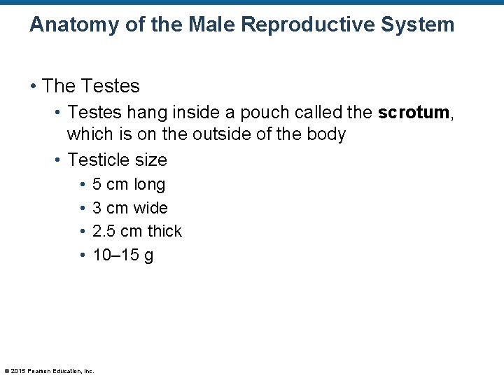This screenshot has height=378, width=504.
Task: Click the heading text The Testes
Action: tap(91, 86)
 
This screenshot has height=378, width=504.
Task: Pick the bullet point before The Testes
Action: tap(33, 87)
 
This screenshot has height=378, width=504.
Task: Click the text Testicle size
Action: tap(117, 160)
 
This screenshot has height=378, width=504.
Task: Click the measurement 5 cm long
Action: tap(129, 184)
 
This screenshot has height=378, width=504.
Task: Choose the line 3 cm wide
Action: tap(129, 208)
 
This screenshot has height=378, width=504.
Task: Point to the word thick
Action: tap(164, 231)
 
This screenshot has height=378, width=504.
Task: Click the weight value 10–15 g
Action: tap(122, 255)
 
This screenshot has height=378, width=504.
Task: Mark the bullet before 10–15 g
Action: tap(83, 255)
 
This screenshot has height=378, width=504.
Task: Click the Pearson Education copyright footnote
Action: tap(49, 371)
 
